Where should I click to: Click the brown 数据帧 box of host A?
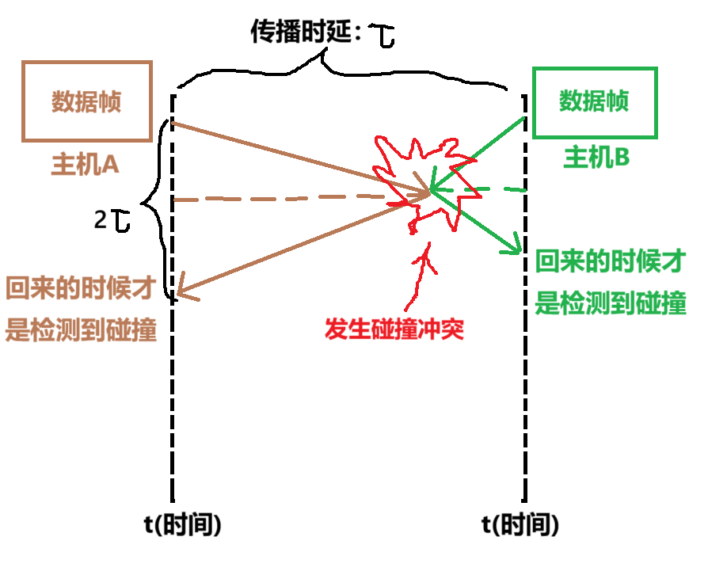click(87, 101)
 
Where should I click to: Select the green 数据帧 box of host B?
click(595, 102)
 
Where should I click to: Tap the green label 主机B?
click(596, 158)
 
